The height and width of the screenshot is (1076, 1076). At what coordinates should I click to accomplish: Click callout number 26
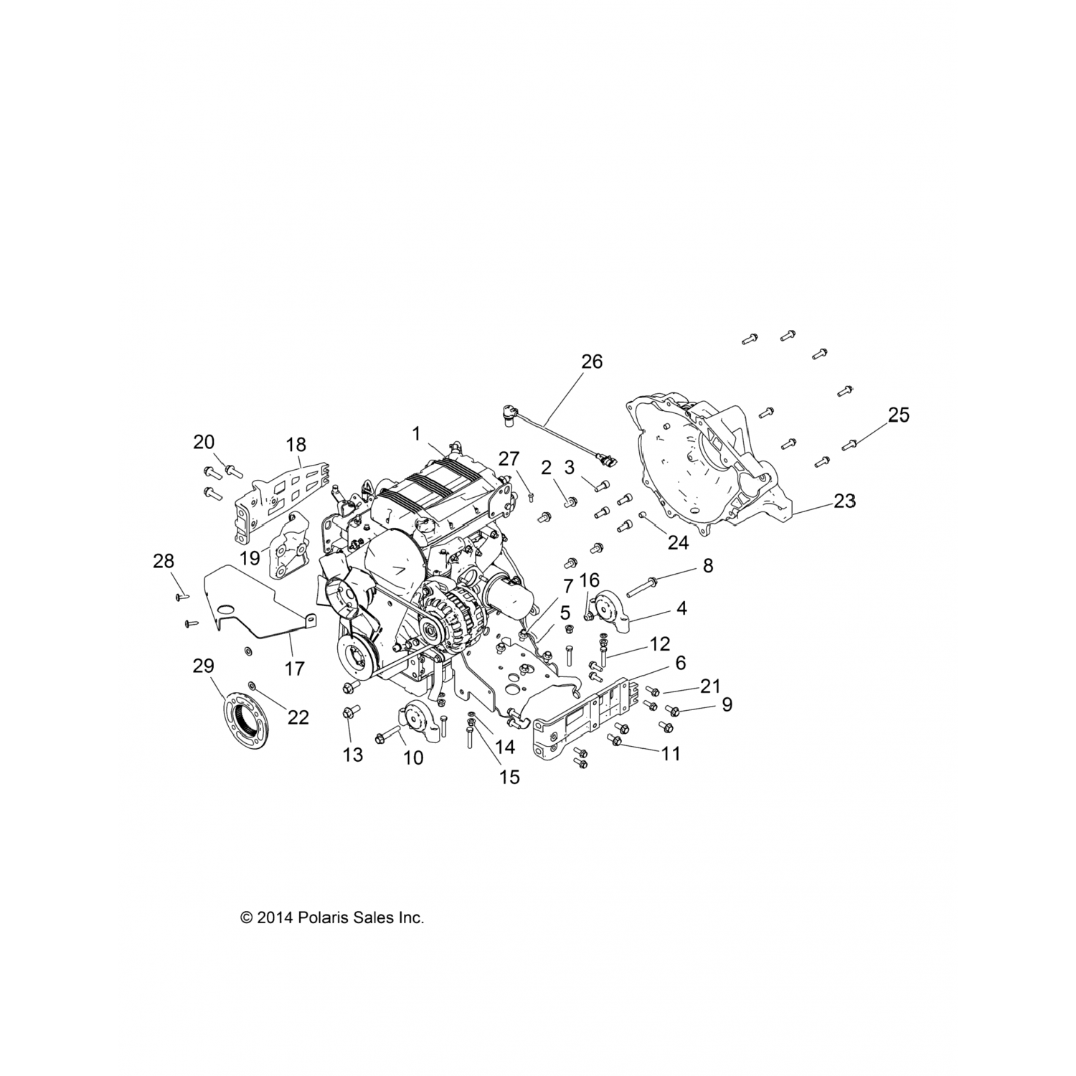pos(592,362)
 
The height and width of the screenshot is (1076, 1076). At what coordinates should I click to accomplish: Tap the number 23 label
pos(844,501)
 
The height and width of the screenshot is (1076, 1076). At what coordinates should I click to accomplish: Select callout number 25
pos(899,415)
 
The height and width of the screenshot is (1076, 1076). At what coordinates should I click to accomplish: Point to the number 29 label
pos(204,666)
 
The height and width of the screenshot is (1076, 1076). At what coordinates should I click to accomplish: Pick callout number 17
pos(295,669)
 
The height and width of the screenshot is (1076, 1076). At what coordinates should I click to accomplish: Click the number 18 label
pos(296,445)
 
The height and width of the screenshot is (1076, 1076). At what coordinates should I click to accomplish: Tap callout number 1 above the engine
pos(415,433)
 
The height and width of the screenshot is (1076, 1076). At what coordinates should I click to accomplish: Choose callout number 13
pos(354,755)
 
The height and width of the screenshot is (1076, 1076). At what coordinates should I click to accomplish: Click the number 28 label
pos(164,561)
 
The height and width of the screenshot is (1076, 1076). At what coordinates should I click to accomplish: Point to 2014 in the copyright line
pos(275,917)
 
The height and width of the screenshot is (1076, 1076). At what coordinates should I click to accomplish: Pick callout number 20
pos(204,442)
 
